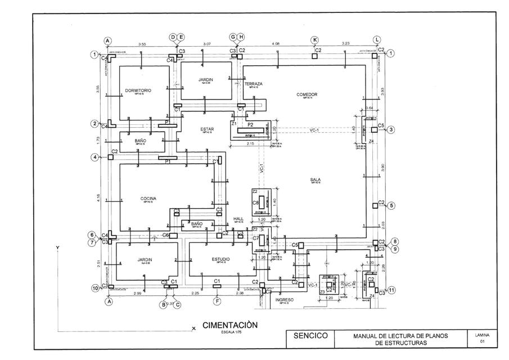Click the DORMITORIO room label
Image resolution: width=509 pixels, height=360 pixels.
click(138, 90)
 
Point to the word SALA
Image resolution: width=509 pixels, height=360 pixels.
click(315, 180)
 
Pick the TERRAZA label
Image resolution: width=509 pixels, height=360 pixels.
click(254, 84)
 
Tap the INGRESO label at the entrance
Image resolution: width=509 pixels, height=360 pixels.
click(285, 300)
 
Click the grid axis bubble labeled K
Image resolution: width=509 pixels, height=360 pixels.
click(315, 39)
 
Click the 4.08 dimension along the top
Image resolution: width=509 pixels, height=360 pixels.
click(276, 44)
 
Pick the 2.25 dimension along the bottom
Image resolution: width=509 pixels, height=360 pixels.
click(196, 293)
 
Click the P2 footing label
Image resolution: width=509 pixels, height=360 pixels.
click(250, 124)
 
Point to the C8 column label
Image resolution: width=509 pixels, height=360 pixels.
click(255, 202)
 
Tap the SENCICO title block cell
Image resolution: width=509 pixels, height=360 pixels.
click(311, 336)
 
